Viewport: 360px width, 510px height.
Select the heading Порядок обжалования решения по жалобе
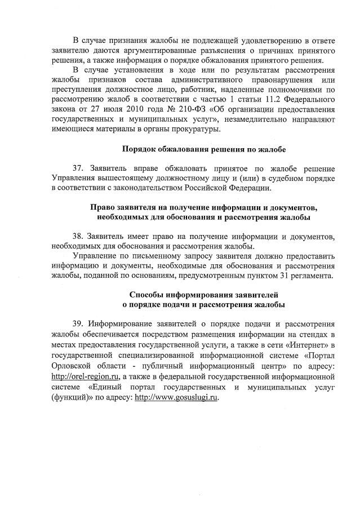pyautogui.click(x=204, y=149)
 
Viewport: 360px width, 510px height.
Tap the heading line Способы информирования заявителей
pyautogui.click(x=204, y=295)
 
